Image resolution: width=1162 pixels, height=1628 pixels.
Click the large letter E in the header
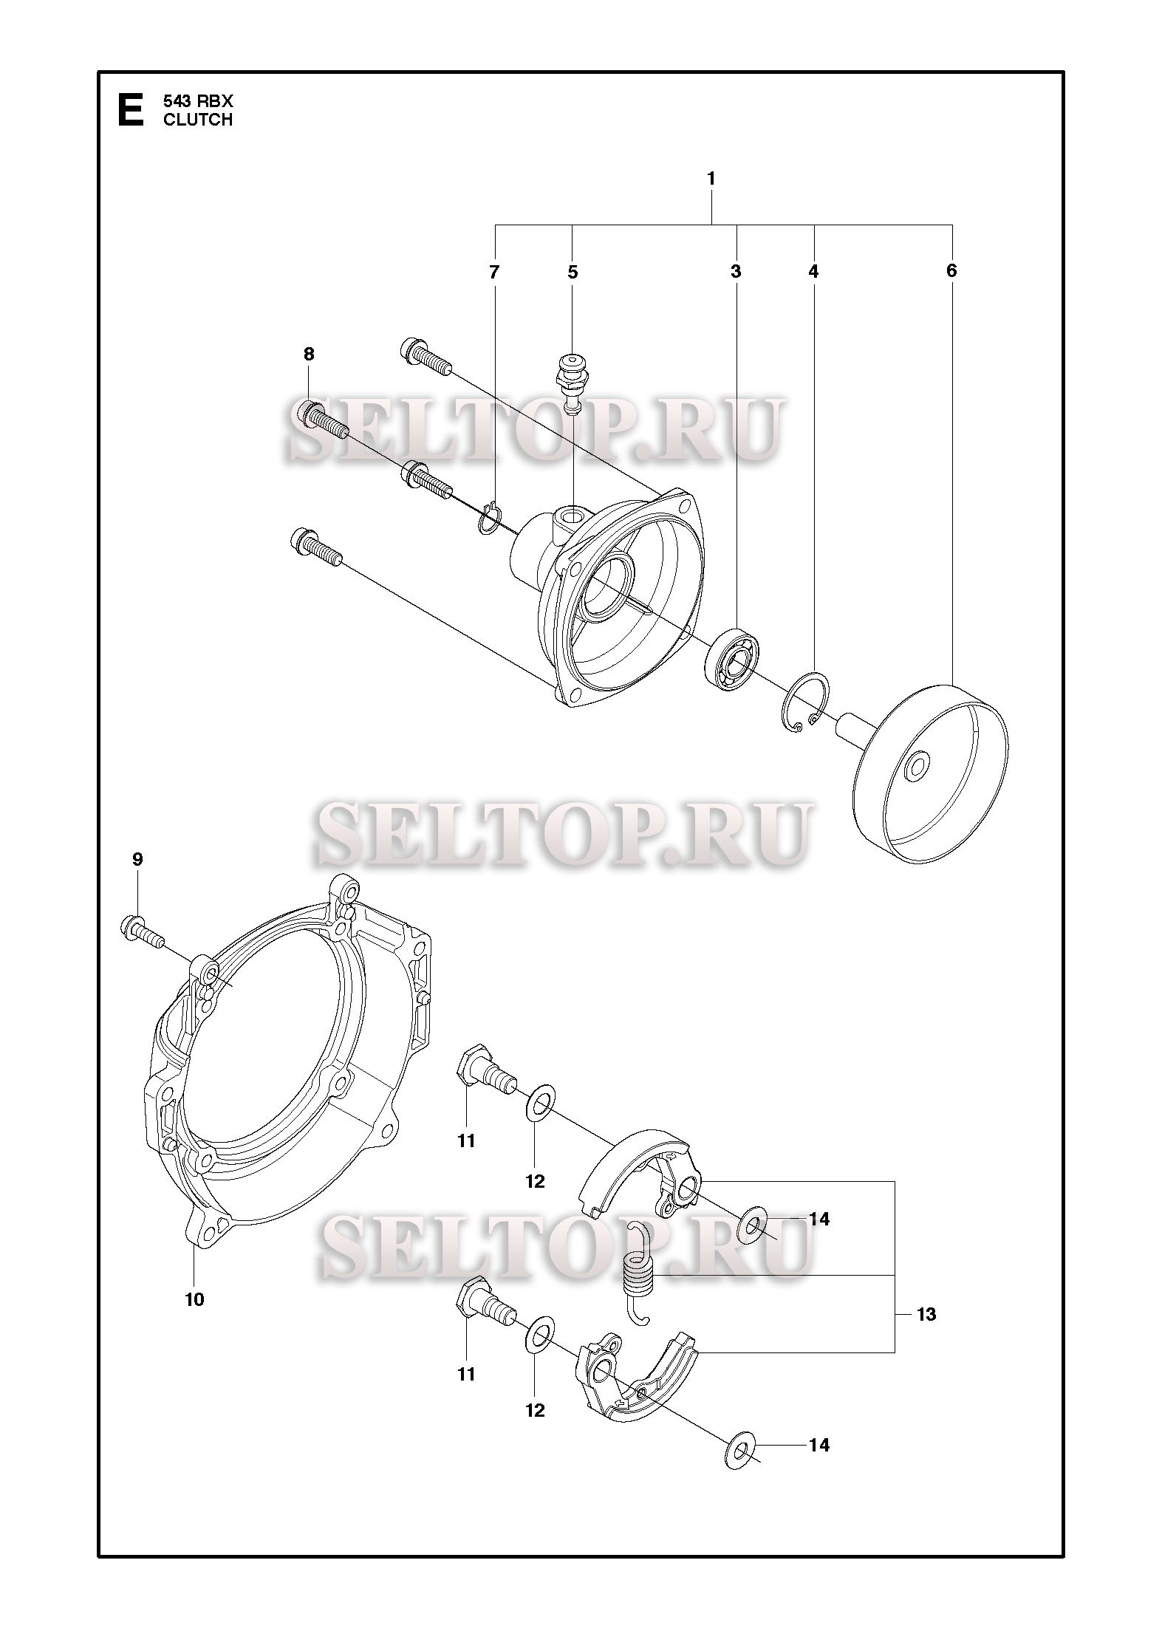[x=131, y=110]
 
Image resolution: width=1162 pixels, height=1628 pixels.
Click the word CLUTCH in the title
[x=198, y=120]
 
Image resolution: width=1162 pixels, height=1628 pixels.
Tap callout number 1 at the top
[x=711, y=179]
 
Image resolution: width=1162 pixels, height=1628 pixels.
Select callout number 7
[x=494, y=272]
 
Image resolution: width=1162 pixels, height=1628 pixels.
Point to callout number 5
[x=573, y=272]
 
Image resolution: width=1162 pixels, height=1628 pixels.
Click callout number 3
[x=736, y=272]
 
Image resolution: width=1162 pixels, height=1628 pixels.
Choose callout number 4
[x=813, y=272]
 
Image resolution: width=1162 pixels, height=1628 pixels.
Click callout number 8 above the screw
[x=309, y=354]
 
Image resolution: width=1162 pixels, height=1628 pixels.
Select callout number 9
[x=137, y=859]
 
